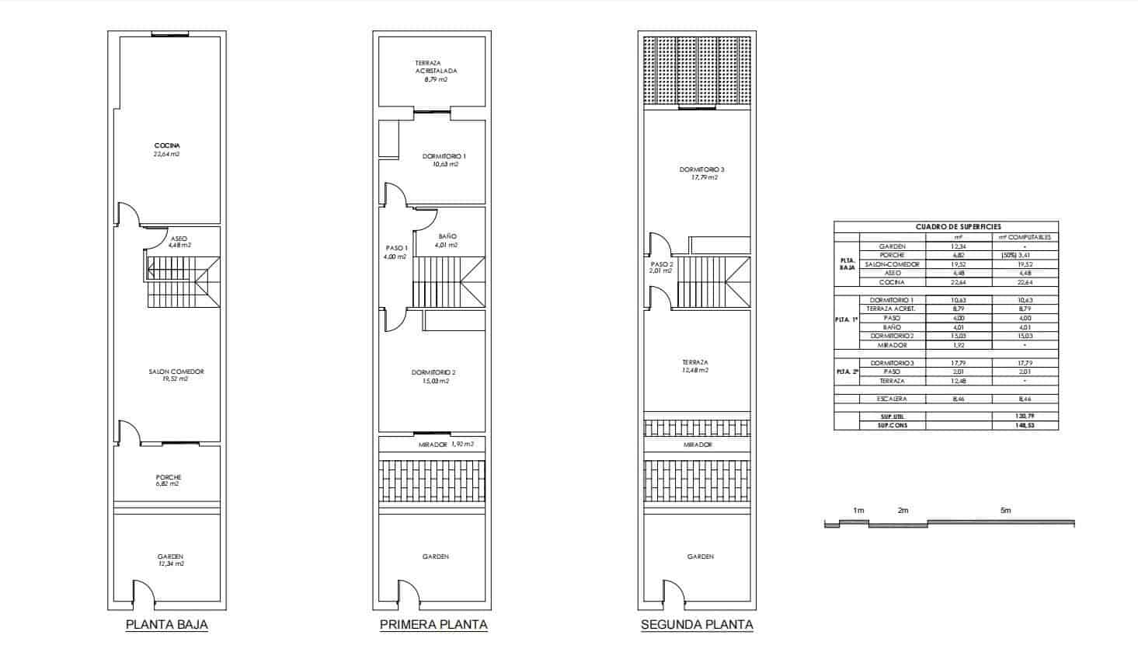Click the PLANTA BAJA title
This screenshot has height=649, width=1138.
pyautogui.click(x=167, y=624)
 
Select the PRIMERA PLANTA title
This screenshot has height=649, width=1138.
pyautogui.click(x=433, y=624)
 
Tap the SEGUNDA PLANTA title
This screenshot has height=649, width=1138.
pyautogui.click(x=697, y=624)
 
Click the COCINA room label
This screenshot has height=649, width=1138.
pyautogui.click(x=168, y=146)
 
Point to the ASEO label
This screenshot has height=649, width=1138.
pyautogui.click(x=178, y=238)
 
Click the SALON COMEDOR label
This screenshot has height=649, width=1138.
pyautogui.click(x=176, y=372)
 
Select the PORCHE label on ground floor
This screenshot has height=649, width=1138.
pyautogui.click(x=168, y=477)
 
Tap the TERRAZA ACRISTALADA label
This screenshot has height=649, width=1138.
pyautogui.click(x=436, y=67)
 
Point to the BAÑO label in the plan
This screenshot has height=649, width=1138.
pyautogui.click(x=447, y=236)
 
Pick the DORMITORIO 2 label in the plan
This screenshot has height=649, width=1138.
pyautogui.click(x=433, y=373)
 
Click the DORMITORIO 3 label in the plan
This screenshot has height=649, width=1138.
pyautogui.click(x=701, y=169)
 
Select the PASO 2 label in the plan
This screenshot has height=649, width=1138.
pyautogui.click(x=661, y=264)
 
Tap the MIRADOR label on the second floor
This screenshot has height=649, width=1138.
pyautogui.click(x=698, y=445)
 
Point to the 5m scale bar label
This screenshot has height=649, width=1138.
pyautogui.click(x=1005, y=511)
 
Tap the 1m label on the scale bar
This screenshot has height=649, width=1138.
pyautogui.click(x=858, y=511)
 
